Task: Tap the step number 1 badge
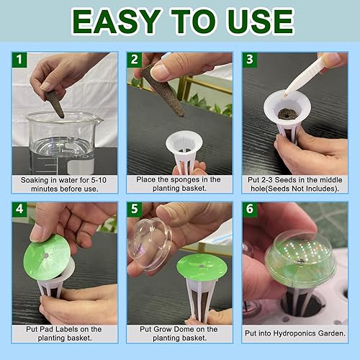pyautogui.click(x=21, y=61)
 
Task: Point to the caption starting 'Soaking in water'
pyautogui.click(x=64, y=184)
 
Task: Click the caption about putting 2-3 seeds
pyautogui.click(x=294, y=184)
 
